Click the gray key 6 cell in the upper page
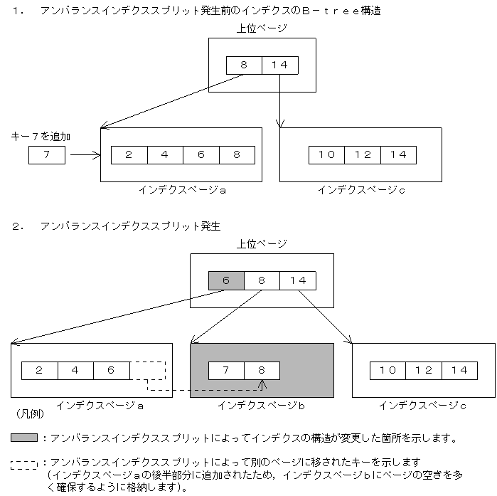point(226,280)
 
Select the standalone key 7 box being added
point(47,154)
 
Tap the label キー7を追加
point(41,135)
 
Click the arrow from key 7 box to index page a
point(85,154)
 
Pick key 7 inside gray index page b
point(226,371)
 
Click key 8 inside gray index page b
point(262,371)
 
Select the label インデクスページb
point(261,406)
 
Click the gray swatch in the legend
point(24,438)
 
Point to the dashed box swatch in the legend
point(24,465)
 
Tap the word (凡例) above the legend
point(27,413)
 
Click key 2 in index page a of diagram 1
point(129,154)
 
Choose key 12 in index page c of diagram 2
point(424,371)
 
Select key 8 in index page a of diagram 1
point(237,154)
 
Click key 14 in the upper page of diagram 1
point(280,65)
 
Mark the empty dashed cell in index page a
point(148,371)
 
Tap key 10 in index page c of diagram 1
point(326,154)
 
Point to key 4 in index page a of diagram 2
point(75,371)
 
